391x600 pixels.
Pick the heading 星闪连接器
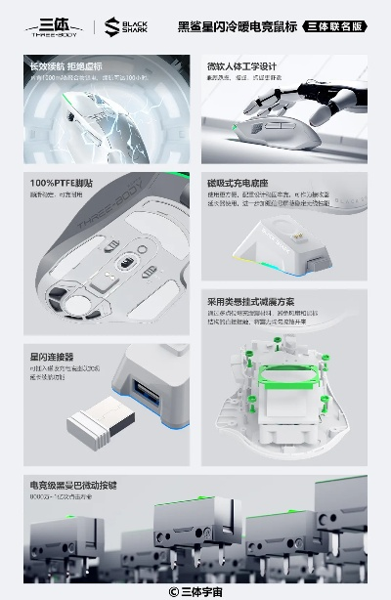[x=52, y=358]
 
